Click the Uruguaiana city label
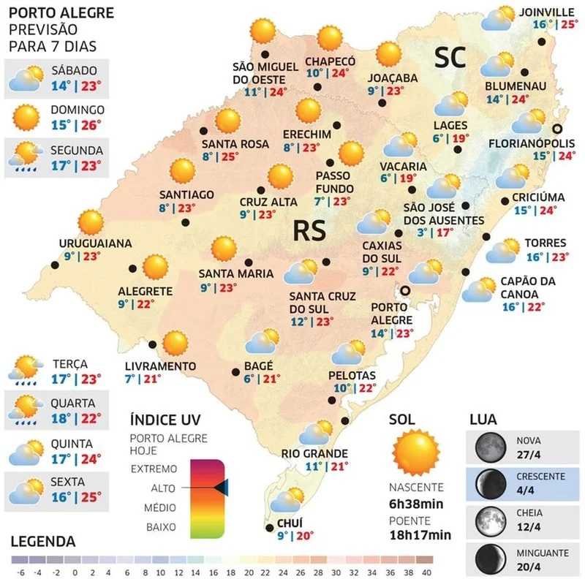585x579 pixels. pyautogui.click(x=96, y=243)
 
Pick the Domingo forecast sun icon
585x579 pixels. pyautogui.click(x=26, y=116)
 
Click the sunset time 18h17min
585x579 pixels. pyautogui.click(x=420, y=534)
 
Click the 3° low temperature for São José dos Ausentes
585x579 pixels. pyautogui.click(x=421, y=233)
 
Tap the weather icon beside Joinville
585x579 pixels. pyautogui.click(x=499, y=19)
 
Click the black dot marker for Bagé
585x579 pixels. pyautogui.click(x=235, y=371)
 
